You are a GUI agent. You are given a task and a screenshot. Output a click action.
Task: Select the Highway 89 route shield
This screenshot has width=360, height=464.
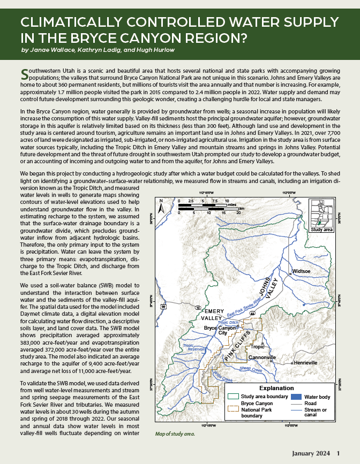[163, 307]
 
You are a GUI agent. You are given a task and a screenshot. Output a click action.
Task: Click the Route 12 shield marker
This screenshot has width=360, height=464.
[199, 308]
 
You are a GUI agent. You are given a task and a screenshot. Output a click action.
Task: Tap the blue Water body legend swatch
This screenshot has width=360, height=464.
[294, 397]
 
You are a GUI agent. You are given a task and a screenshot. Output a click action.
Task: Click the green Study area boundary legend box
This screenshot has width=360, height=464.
[233, 397]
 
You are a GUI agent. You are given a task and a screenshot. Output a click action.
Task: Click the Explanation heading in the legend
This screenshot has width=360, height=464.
[276, 388]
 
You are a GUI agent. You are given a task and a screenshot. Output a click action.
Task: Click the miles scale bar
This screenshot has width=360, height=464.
[198, 205]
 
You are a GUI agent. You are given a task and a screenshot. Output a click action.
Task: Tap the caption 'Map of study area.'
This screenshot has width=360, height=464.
[174, 434]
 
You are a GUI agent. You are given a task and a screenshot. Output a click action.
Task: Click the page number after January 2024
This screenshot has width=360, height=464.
[338, 453]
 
